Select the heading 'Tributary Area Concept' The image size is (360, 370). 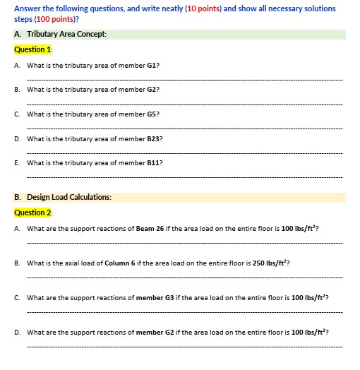point(66,34)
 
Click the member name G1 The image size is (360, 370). point(151,65)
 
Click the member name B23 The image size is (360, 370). point(155,138)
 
